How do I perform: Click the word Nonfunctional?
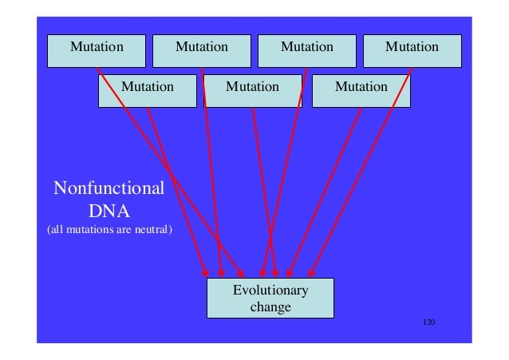[x=109, y=189]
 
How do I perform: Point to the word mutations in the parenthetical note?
[x=90, y=232]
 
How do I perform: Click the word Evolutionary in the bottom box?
[x=270, y=290]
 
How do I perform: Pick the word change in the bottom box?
[x=270, y=307]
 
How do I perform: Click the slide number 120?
[x=429, y=322]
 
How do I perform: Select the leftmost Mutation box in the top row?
[x=97, y=49]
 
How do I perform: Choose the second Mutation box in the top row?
[x=202, y=49]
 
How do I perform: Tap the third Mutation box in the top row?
[x=307, y=49]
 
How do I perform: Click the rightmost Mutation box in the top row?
[x=412, y=49]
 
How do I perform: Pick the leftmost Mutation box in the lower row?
[x=147, y=89]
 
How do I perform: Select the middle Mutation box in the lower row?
[x=253, y=89]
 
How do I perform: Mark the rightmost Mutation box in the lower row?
[x=361, y=89]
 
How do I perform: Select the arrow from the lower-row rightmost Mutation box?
[x=327, y=188]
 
